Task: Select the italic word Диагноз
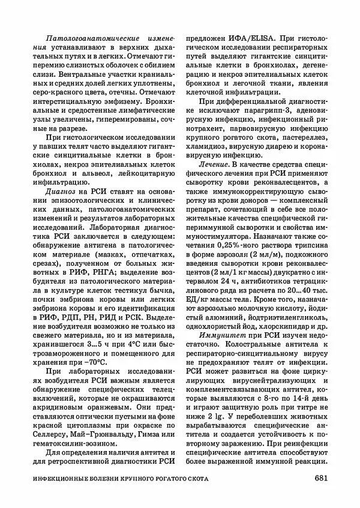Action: pyautogui.click(x=53, y=190)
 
